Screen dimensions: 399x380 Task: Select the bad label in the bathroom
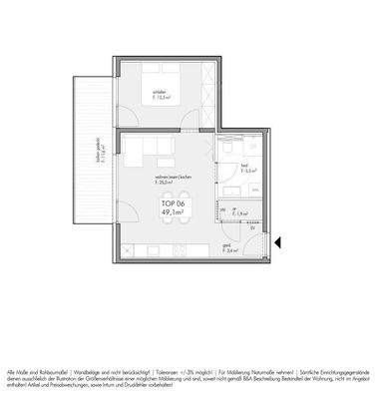244,165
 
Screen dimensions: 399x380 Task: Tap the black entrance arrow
280,239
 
